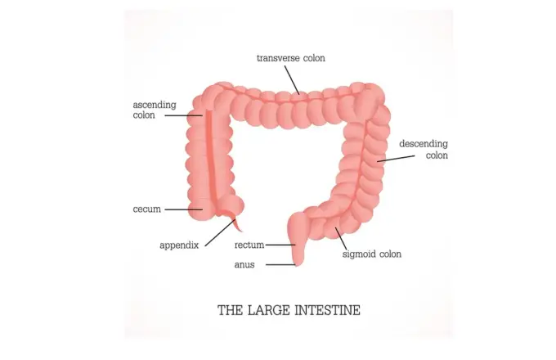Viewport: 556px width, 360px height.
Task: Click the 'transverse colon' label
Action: coord(291,58)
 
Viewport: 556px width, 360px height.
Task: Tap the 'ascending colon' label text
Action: coord(155,110)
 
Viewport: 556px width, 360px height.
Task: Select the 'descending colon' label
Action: coord(424,150)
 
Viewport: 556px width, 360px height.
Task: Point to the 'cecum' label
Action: coord(147,209)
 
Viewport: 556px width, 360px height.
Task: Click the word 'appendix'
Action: coord(179,245)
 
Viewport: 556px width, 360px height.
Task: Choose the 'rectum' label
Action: coord(249,245)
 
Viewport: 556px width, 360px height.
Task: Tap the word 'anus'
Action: coord(244,264)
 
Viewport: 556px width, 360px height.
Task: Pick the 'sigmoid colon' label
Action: coord(371,254)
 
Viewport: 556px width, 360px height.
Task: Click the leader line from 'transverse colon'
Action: coord(292,80)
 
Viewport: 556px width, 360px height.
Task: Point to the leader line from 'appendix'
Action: coord(220,232)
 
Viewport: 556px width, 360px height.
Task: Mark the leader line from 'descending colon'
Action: coord(396,159)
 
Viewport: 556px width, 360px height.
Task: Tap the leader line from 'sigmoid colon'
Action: coord(341,239)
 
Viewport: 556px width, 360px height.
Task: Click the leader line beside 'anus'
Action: coord(280,264)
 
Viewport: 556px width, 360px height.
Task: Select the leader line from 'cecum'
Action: coord(184,209)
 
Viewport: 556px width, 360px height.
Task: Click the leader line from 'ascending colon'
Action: coord(184,115)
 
